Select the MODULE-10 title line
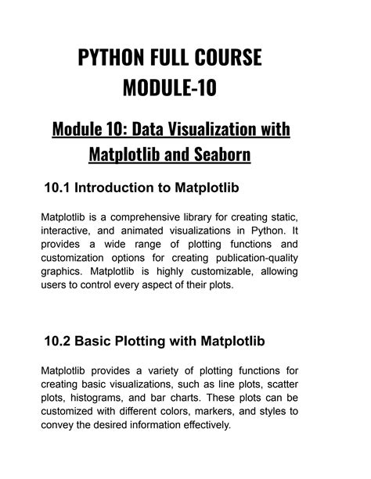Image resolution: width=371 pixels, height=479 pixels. (x=169, y=88)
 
